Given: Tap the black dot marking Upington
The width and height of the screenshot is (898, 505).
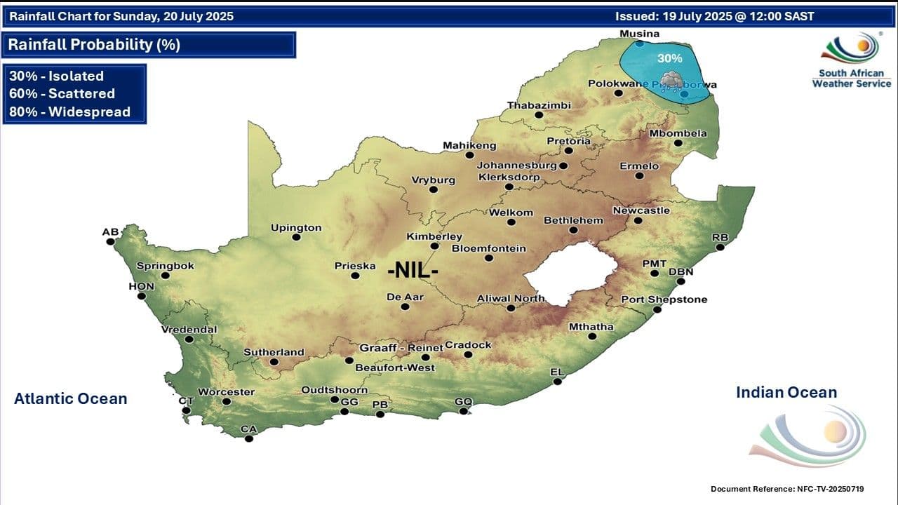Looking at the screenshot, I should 296,237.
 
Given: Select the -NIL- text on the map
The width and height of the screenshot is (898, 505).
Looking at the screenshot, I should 413,269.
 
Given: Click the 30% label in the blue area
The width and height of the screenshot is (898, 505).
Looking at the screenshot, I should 669,58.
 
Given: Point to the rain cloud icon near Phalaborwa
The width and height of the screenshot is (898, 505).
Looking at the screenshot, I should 671,79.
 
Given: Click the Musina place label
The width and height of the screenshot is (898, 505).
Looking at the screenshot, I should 639,34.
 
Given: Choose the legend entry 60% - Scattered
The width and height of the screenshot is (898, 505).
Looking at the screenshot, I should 62,93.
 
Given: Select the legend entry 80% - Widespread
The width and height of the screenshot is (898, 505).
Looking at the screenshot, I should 69,112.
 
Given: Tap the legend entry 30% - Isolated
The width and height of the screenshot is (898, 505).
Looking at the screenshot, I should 56,76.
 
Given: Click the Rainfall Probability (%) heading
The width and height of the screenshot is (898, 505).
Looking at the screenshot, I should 94,45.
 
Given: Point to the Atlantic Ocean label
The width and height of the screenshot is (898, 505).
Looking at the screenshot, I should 70,399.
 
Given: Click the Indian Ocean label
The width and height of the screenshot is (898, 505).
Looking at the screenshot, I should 786,393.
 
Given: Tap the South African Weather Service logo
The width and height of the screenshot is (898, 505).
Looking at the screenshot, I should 851,60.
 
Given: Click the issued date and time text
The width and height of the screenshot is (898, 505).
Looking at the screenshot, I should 714,16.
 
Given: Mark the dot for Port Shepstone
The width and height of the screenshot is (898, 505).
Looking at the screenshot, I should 657,309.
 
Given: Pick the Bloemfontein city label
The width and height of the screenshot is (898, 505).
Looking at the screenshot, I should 488,248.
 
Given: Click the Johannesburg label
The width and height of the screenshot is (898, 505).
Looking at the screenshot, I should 516,166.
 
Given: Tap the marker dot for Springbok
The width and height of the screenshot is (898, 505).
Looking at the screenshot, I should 166,276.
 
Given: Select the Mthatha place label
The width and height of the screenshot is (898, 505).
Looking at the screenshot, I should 591,327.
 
